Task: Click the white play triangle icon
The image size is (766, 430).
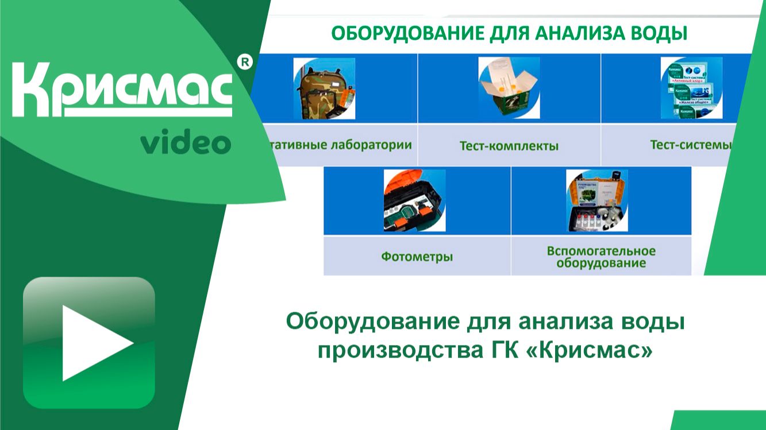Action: tap(95, 343)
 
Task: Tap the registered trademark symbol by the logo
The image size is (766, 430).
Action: tap(245, 63)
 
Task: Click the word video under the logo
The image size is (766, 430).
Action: tap(186, 142)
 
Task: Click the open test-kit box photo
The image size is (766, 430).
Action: tap(509, 88)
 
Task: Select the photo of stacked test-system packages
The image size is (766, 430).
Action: tap(691, 88)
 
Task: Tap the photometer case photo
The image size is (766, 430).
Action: tap(414, 200)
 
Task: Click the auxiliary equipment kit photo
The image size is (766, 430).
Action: tap(597, 200)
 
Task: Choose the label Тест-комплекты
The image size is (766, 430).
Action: tap(509, 146)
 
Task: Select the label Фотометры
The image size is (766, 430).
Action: tap(417, 257)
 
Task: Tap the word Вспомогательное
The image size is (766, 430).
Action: tap(601, 251)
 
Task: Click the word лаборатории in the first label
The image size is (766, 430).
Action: tap(372, 144)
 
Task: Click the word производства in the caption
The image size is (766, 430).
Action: tap(396, 348)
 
